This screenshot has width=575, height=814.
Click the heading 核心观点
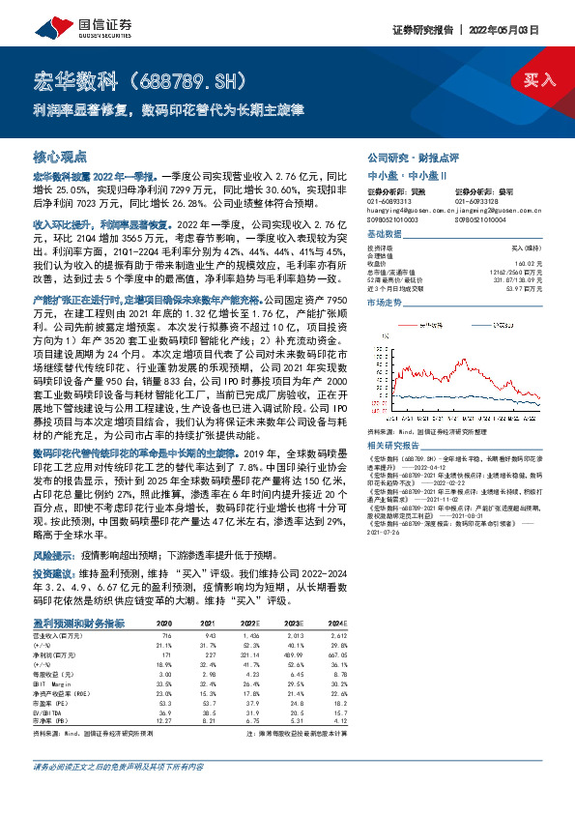coord(61,156)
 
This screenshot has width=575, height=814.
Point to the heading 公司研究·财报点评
coord(409,156)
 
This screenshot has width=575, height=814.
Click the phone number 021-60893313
coord(388,200)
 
